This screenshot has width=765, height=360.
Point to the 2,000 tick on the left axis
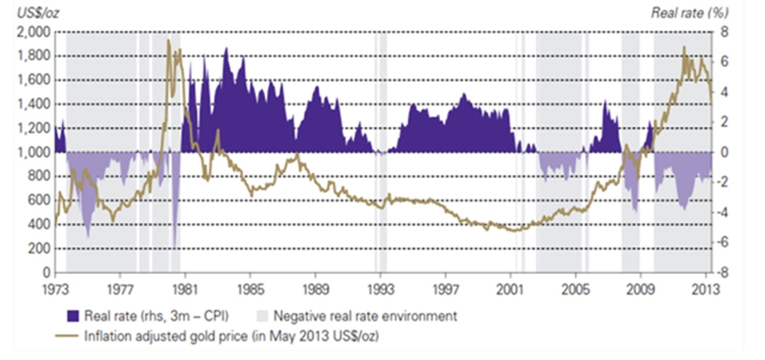[33, 32]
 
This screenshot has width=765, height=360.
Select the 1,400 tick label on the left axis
[33, 104]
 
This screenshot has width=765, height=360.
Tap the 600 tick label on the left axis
[39, 201]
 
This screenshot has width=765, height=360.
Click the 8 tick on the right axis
[726, 32]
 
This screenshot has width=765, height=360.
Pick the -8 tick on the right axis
[727, 273]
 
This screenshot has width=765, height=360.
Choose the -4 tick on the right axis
[727, 213]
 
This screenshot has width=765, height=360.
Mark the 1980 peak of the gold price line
[168, 41]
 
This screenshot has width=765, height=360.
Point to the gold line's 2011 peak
[683, 47]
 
